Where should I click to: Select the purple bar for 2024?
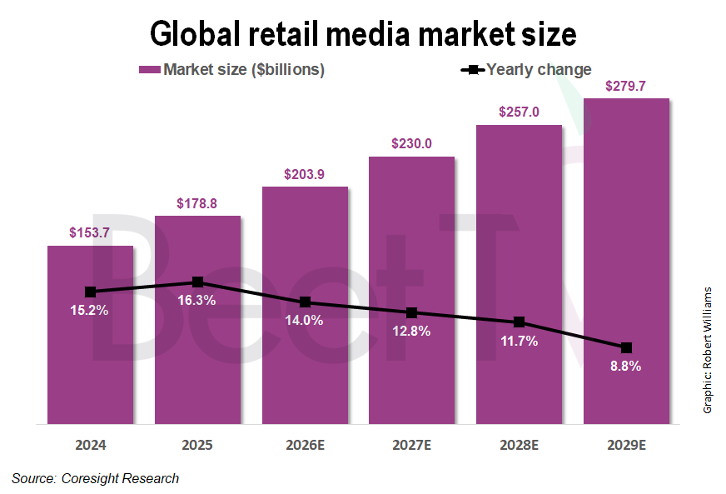click(90, 350)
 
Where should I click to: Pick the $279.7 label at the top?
click(626, 86)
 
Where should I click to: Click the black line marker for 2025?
click(197, 282)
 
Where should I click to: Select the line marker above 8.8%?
click(626, 347)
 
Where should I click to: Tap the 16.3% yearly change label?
click(197, 301)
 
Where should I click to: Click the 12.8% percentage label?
click(411, 331)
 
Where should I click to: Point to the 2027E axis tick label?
click(411, 446)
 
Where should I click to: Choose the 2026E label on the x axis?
click(305, 446)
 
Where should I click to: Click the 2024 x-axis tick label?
click(90, 446)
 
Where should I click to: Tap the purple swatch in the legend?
click(149, 70)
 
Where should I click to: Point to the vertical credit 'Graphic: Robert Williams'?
click(708, 350)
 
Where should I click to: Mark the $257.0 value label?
click(519, 112)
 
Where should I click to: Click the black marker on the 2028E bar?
click(519, 322)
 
